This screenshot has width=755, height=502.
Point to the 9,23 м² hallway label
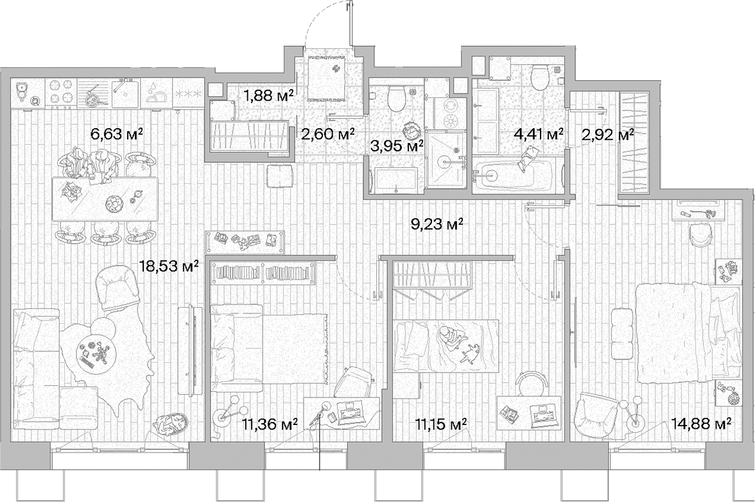point(437,224)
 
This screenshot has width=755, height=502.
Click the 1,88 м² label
point(268,96)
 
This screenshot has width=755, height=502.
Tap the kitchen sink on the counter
point(125,94)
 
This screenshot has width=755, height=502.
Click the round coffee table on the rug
point(94,351)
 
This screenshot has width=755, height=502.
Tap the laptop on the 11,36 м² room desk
point(351,414)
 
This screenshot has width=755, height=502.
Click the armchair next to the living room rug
point(117,289)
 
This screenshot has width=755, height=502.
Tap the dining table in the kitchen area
point(105,198)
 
